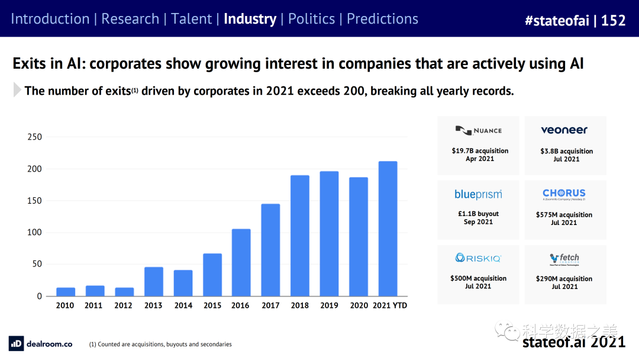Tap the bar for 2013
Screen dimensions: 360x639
click(154, 282)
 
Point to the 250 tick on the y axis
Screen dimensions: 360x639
click(35, 137)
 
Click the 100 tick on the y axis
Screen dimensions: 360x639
click(35, 233)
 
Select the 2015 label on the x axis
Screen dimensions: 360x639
click(212, 306)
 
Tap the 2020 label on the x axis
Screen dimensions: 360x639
click(359, 306)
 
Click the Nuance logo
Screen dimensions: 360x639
click(479, 130)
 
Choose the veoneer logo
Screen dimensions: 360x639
click(564, 130)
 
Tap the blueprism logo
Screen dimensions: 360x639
click(478, 194)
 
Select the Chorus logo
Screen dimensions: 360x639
click(564, 194)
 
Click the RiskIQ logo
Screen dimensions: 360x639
click(478, 258)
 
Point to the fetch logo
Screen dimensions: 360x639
click(564, 259)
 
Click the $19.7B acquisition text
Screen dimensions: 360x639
click(480, 151)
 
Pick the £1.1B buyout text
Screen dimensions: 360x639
click(479, 214)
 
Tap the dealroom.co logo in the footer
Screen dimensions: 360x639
click(41, 343)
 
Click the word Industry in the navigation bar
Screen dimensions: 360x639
click(250, 19)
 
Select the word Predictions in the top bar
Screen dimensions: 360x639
click(382, 19)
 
